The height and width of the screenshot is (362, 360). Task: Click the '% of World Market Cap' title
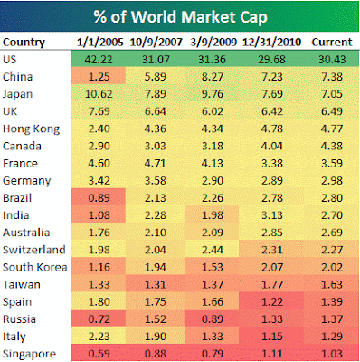[x=180, y=17]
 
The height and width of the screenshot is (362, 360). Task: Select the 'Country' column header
[x=24, y=42]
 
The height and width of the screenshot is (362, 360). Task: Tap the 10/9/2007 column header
[x=156, y=42]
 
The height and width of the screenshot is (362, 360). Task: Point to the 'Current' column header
[x=332, y=42]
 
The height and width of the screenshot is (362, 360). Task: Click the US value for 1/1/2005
[x=99, y=59]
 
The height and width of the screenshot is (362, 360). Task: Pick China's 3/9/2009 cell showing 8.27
[x=213, y=77]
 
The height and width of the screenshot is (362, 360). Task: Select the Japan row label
[x=17, y=94]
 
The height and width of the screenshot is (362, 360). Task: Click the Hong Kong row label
[x=31, y=129]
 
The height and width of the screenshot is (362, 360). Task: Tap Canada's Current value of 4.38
[x=332, y=146]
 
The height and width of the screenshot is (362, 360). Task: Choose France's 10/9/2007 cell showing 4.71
[x=155, y=163]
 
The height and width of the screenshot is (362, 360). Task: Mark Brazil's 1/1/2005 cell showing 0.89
[x=99, y=198]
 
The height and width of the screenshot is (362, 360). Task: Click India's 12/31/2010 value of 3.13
[x=272, y=215]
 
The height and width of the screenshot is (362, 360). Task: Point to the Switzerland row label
[x=33, y=250]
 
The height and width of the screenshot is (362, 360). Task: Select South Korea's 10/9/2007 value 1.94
[x=155, y=267]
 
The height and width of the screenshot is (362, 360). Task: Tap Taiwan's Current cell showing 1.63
[x=332, y=284]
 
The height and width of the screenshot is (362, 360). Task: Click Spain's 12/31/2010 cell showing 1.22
[x=272, y=302]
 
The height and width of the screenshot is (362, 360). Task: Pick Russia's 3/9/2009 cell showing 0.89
[x=213, y=319]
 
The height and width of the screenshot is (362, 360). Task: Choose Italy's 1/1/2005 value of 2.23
[x=99, y=337]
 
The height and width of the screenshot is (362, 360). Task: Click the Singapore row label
[x=29, y=354]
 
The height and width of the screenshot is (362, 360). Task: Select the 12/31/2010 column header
[x=271, y=42]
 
